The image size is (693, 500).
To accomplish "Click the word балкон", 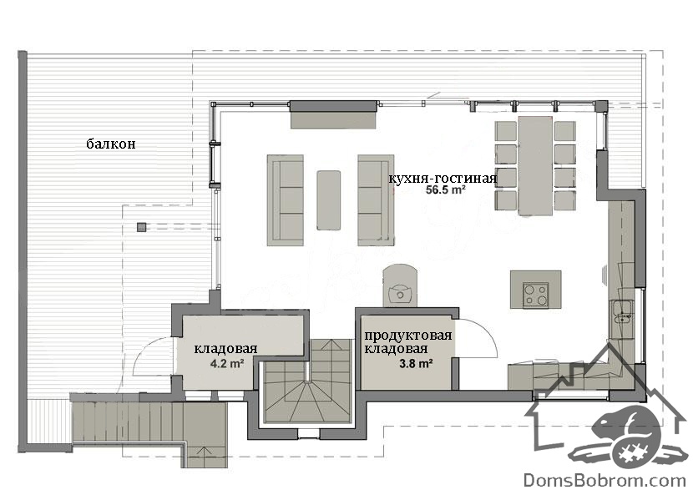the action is [111, 144].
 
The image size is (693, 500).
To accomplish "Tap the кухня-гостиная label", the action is [443, 179].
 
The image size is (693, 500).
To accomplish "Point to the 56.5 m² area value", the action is [445, 190].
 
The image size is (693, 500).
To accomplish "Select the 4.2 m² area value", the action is [228, 364].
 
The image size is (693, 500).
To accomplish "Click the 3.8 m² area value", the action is [416, 363].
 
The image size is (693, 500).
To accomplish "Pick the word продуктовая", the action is [408, 336].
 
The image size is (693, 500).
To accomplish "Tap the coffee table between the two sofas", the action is [328, 200].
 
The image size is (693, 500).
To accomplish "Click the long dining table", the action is [535, 165].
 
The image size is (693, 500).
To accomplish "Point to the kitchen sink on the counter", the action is [623, 312].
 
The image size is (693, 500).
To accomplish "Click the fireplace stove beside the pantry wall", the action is [400, 285].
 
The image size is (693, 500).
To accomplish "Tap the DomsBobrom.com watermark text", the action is [604, 480].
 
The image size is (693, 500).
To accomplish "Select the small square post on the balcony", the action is [141, 227].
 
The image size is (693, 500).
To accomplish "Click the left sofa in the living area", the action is [285, 200].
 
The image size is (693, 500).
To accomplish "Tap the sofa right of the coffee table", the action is [376, 200].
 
